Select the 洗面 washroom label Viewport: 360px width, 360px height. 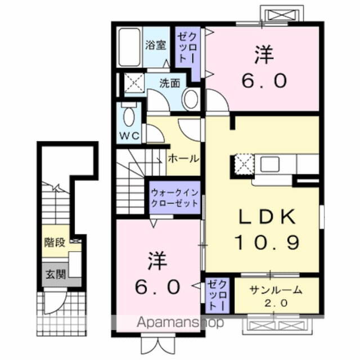pos(169,83)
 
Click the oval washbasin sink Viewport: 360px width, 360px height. pos(191,100)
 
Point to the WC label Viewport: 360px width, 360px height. pos(130,136)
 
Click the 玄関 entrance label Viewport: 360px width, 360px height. pos(56,274)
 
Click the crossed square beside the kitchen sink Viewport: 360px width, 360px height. pos(244,165)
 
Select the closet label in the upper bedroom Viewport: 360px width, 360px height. pos(186,49)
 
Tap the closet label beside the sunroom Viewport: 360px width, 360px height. pos(216,295)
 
